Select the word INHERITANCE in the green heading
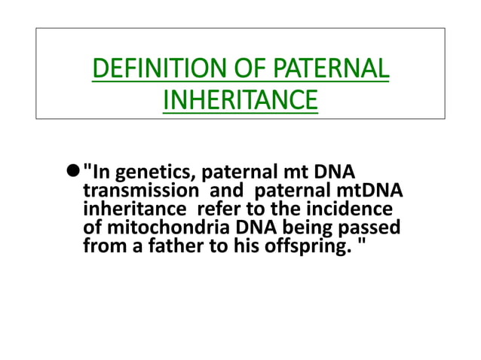240,102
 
